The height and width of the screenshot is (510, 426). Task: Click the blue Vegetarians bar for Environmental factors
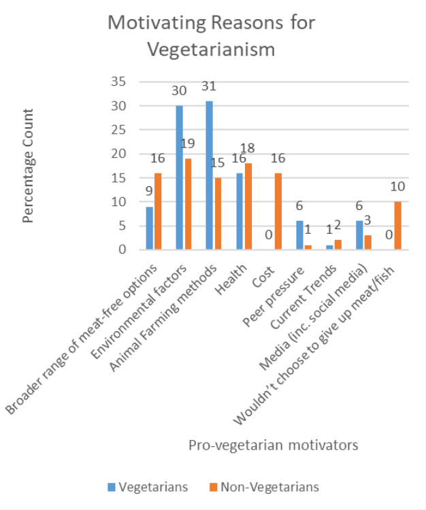180,177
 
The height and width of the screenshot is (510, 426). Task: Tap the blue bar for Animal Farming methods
210,175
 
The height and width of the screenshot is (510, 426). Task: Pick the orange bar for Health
248,206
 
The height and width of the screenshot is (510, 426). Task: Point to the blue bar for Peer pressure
299,235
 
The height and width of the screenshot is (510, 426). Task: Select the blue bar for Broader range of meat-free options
150,228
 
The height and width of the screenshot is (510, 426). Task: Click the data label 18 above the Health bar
249,148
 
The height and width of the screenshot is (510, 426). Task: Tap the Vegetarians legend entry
147,487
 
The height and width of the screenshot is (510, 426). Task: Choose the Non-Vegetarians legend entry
265,487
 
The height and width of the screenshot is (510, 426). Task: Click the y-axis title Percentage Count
29,166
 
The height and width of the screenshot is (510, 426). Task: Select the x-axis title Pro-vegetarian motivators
273,445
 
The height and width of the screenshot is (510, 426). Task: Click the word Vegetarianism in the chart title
212,49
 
